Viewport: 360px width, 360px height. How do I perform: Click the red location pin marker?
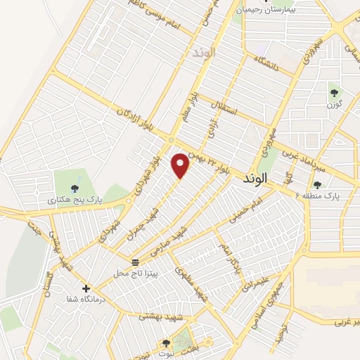click(x=181, y=166)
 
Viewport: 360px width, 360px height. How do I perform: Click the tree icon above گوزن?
click(x=334, y=92)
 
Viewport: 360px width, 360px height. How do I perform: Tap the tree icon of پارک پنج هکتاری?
click(x=74, y=187)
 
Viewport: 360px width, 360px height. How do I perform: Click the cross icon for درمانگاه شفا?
click(x=86, y=288)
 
